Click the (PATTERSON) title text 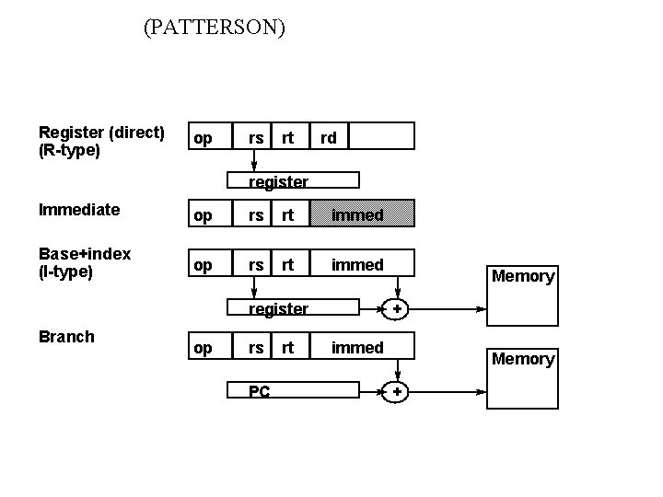pyautogui.click(x=215, y=29)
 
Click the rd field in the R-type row pyautogui.click(x=329, y=137)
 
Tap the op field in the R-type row pyautogui.click(x=203, y=137)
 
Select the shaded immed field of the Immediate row pyautogui.click(x=357, y=214)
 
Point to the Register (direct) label pyautogui.click(x=101, y=133)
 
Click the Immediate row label pyautogui.click(x=79, y=209)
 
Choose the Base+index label pyautogui.click(x=85, y=253)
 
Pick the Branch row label pyautogui.click(x=66, y=336)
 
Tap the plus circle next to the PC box pyautogui.click(x=396, y=392)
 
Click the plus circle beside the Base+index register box pyautogui.click(x=396, y=309)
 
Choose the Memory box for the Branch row pyautogui.click(x=523, y=372)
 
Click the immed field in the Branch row pyautogui.click(x=357, y=347)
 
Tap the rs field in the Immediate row pyautogui.click(x=257, y=214)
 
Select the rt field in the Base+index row pyautogui.click(x=288, y=264)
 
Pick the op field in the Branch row pyautogui.click(x=203, y=347)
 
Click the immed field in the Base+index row pyautogui.click(x=357, y=264)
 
